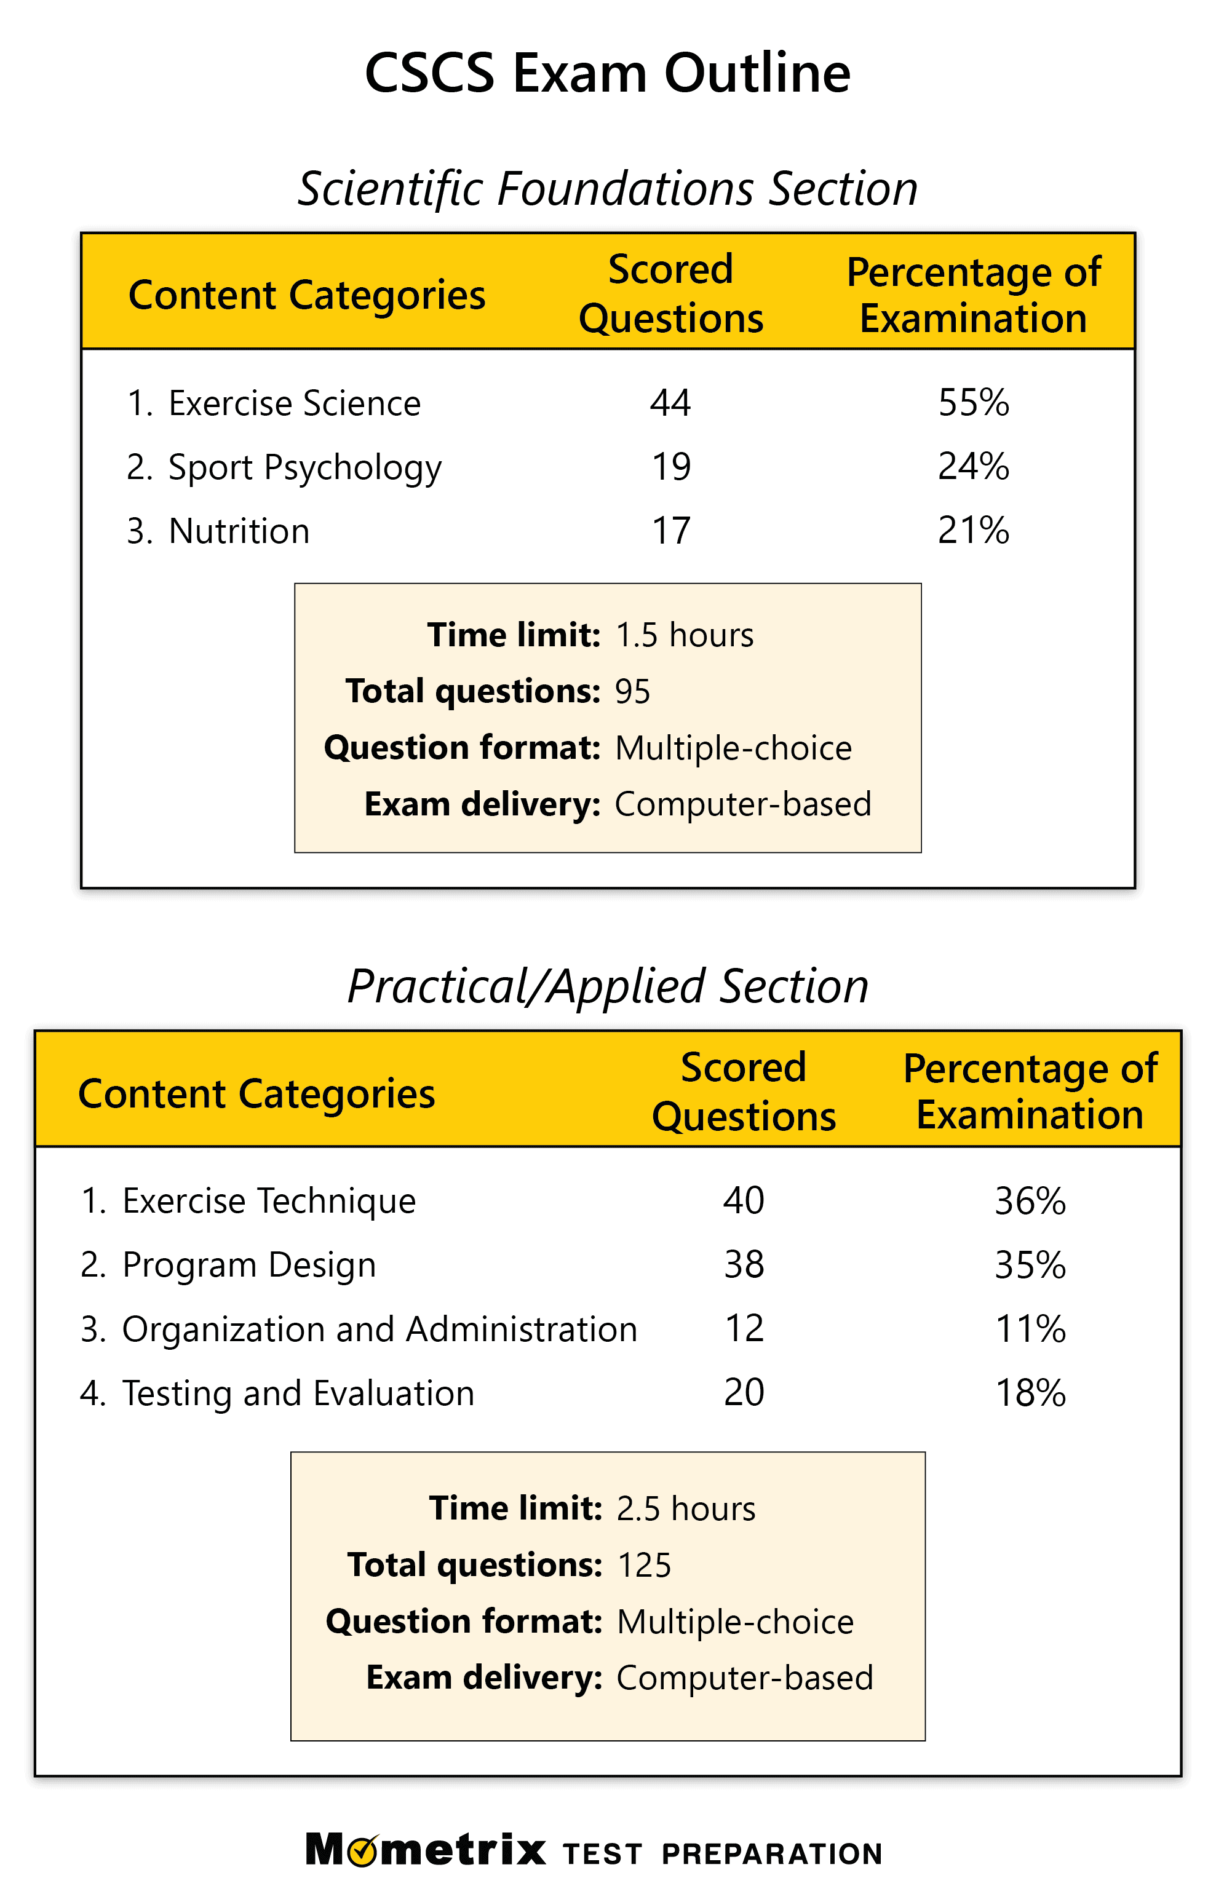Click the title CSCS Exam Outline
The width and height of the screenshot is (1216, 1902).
pyautogui.click(x=607, y=73)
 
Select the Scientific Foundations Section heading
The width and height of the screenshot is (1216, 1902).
pyautogui.click(x=607, y=189)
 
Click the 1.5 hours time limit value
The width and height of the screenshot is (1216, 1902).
pyautogui.click(x=684, y=635)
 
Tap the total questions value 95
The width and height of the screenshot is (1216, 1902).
pyautogui.click(x=632, y=692)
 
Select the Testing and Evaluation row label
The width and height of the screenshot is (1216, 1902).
pyautogui.click(x=297, y=1393)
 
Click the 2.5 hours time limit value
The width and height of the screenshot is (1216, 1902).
pyautogui.click(x=686, y=1508)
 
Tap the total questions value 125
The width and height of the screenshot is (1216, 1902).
pyautogui.click(x=644, y=1566)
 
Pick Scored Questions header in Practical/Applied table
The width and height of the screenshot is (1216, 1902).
pyautogui.click(x=744, y=1092)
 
